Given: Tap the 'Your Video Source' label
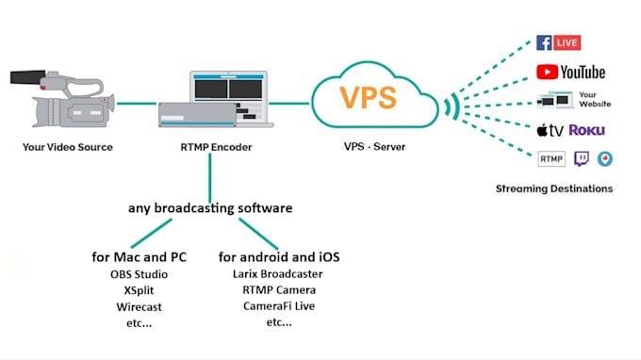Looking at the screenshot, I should pos(69,147).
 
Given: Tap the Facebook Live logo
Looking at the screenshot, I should pos(558,42).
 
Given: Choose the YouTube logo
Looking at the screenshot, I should pos(571,72).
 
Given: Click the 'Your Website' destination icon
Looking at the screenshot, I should pos(571,100).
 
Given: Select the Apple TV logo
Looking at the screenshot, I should pos(551,129).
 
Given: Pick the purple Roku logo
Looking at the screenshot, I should pos(587,130).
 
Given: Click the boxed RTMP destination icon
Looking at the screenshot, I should pos(551,158).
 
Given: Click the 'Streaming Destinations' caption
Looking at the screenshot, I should pos(554,188).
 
